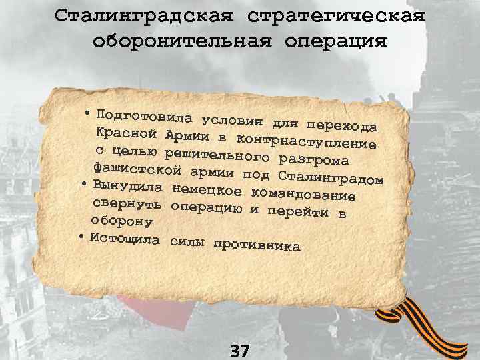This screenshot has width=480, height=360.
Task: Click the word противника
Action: [x=257, y=245]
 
